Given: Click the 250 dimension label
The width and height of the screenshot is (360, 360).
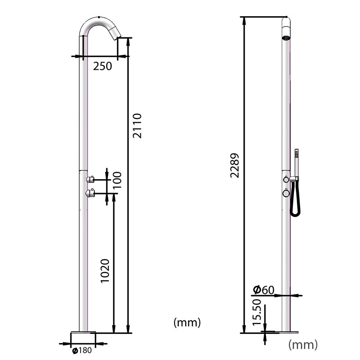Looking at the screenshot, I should tap(102, 66).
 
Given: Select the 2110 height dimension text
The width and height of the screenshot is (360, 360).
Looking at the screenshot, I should tap(137, 126).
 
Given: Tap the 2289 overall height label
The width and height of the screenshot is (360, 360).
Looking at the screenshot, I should tap(234, 166).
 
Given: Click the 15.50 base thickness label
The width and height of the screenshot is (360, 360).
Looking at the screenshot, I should tap(257, 312).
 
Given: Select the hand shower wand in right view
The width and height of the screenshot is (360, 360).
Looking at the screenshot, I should tap(297, 162).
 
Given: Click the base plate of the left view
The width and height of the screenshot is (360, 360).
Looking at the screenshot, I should tap(84, 333).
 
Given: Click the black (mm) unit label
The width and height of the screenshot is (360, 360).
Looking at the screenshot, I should tap(187, 323).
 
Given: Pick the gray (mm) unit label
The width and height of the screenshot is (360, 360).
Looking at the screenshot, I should tap(302, 345).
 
